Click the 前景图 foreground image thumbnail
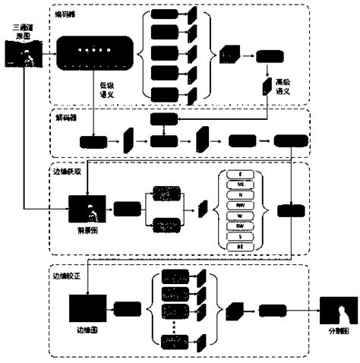pyautogui.click(x=86, y=207)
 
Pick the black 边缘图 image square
pyautogui.click(x=86, y=308)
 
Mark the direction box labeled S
pyautogui.click(x=241, y=236)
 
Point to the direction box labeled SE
pyautogui.click(x=241, y=247)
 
